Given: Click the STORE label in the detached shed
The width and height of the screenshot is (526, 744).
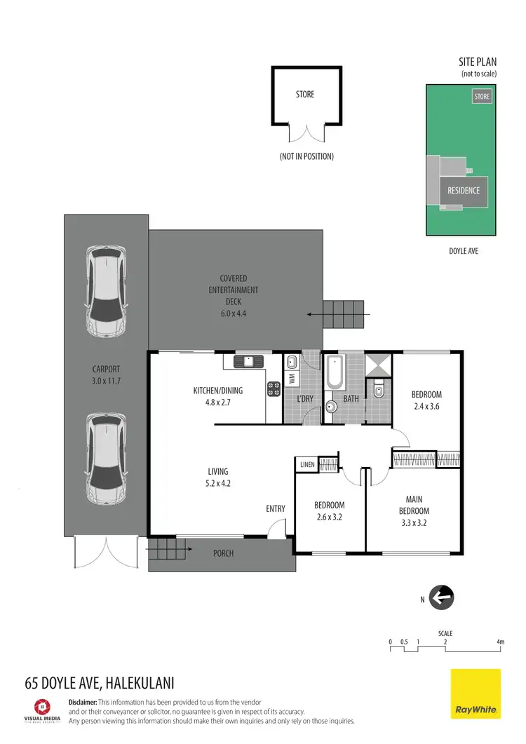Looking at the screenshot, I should [305, 94].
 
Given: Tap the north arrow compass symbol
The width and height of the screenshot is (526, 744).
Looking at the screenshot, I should [442, 598].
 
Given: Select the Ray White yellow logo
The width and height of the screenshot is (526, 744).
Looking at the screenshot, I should [476, 694].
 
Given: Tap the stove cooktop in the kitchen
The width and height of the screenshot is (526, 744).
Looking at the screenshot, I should [274, 389].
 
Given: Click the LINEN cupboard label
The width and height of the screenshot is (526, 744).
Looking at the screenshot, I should [307, 464].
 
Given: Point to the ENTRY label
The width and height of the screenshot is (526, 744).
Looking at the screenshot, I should [276, 509].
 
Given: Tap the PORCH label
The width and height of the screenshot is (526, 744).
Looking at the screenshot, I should [223, 553].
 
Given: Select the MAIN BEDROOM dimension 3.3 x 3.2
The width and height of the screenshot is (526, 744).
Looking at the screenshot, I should [412, 522].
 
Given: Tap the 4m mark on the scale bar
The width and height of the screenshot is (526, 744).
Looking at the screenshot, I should [500, 642].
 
